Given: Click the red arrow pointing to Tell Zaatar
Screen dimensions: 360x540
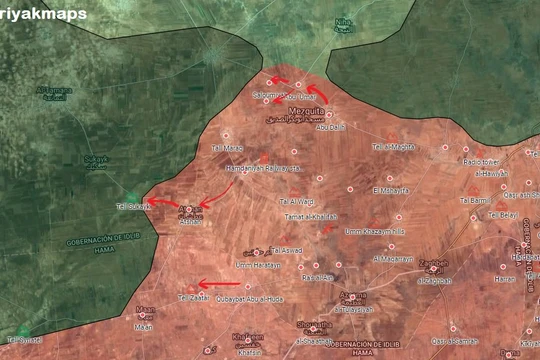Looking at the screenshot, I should pos(219,283).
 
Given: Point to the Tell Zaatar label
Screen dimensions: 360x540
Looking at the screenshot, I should pos(196,298).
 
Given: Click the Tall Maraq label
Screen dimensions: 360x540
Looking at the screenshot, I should pos(228,149).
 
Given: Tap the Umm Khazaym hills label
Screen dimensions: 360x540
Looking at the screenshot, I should pos(376,232).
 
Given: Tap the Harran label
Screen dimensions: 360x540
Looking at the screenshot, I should pos(505,278).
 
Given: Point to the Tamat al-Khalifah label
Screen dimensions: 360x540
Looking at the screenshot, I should pos(307,216).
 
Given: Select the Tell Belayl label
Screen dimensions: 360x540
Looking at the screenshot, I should pos(503,213).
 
